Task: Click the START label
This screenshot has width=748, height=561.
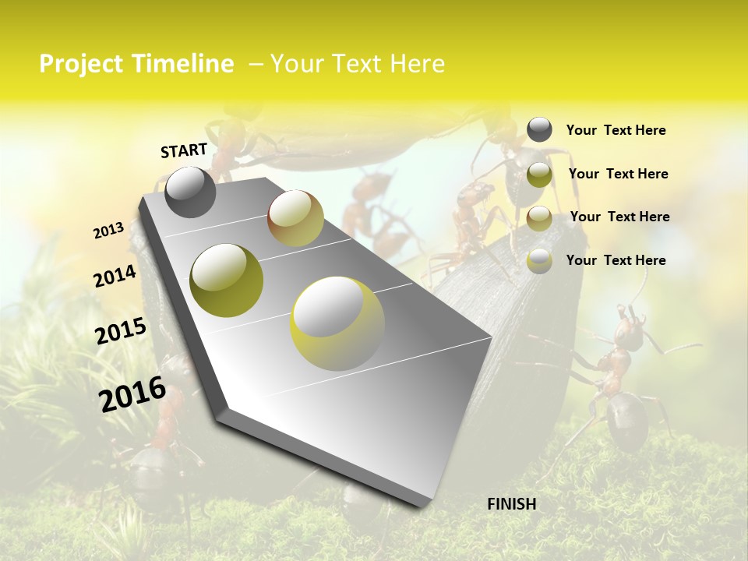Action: pos(184,150)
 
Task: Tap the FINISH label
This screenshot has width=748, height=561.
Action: pos(511,504)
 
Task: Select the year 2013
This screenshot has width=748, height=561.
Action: pos(108,230)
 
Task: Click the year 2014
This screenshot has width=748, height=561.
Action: pos(115,277)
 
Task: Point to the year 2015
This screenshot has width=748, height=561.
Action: pos(121,331)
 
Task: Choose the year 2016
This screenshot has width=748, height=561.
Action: pos(132,394)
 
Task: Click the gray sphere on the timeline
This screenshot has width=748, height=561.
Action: pos(190,192)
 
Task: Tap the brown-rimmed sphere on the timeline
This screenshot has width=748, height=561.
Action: pos(295,218)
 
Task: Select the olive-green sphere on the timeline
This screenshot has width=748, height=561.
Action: pos(227,280)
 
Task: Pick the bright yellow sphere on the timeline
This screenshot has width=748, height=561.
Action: pos(337,323)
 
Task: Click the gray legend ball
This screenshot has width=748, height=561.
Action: pos(539,130)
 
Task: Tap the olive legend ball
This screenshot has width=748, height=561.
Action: pos(539,175)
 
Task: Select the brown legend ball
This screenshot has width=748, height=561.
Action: pos(539,218)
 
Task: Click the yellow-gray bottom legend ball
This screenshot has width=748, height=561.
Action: pos(539,261)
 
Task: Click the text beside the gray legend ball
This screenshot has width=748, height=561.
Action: pos(616,130)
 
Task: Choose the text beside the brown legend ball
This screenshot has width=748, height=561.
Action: pos(619,217)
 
